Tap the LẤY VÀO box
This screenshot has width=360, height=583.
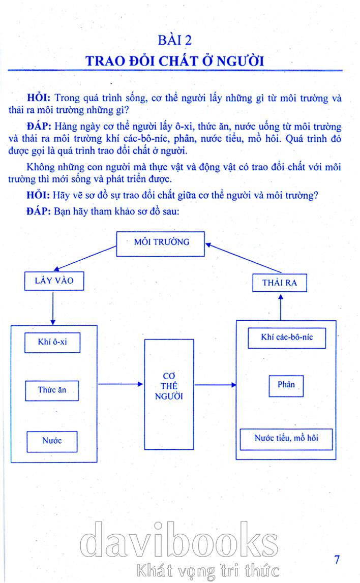[x=53, y=280]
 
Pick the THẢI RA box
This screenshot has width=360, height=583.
[x=280, y=283]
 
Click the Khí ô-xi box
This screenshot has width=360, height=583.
[x=52, y=342]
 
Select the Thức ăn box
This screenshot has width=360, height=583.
[x=52, y=390]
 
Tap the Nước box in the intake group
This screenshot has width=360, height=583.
[x=52, y=441]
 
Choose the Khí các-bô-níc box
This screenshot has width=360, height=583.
[x=286, y=337]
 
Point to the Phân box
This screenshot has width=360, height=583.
[x=286, y=386]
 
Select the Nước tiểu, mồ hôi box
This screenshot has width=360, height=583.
[x=286, y=438]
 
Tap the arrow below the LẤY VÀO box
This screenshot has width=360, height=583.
[x=53, y=308]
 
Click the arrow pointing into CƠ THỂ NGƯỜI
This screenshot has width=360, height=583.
[x=121, y=385]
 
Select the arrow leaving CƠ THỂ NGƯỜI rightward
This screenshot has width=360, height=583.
[x=216, y=385]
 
